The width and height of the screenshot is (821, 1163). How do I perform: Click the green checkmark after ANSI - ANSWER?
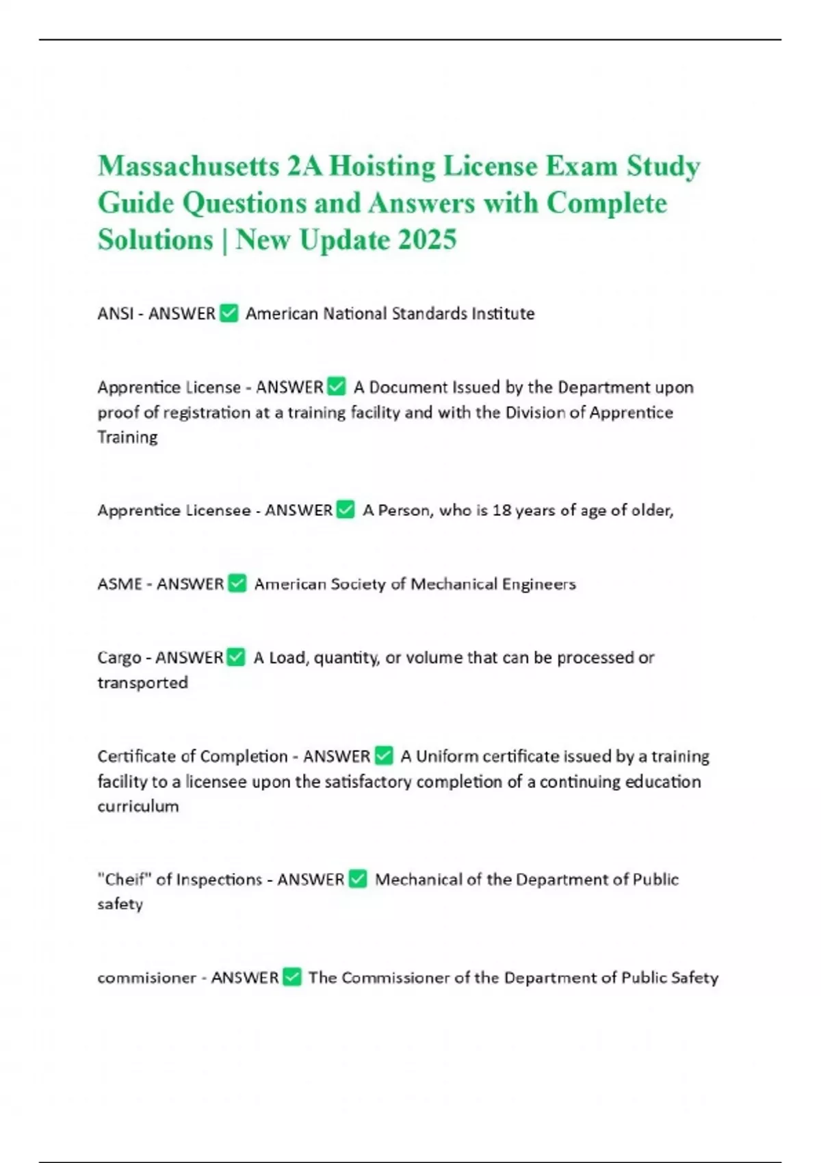click(229, 313)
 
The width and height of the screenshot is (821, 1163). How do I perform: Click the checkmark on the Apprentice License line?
click(337, 387)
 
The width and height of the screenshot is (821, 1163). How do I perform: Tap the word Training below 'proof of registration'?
click(127, 437)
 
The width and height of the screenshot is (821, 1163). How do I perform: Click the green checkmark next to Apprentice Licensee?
click(346, 510)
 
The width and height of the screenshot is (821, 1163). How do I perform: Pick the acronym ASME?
click(119, 584)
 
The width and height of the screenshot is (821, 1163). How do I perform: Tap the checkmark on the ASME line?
click(237, 584)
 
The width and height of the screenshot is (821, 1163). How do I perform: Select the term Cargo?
click(119, 657)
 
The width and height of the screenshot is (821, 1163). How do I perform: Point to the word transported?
click(142, 683)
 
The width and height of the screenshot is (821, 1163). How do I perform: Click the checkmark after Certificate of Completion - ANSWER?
click(384, 756)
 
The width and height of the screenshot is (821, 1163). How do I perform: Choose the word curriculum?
click(138, 806)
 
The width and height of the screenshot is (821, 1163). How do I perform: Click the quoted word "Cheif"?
click(125, 879)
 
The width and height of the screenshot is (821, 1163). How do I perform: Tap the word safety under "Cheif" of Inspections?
click(120, 904)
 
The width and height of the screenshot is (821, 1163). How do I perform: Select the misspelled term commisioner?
click(146, 978)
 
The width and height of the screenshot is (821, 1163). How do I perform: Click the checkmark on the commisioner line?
click(292, 978)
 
